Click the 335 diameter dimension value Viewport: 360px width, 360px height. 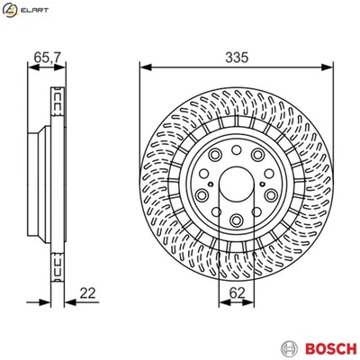point(236,55)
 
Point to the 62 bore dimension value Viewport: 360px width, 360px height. point(236,291)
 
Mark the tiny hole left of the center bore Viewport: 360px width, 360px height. point(208,190)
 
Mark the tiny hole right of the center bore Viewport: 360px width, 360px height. point(264,190)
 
